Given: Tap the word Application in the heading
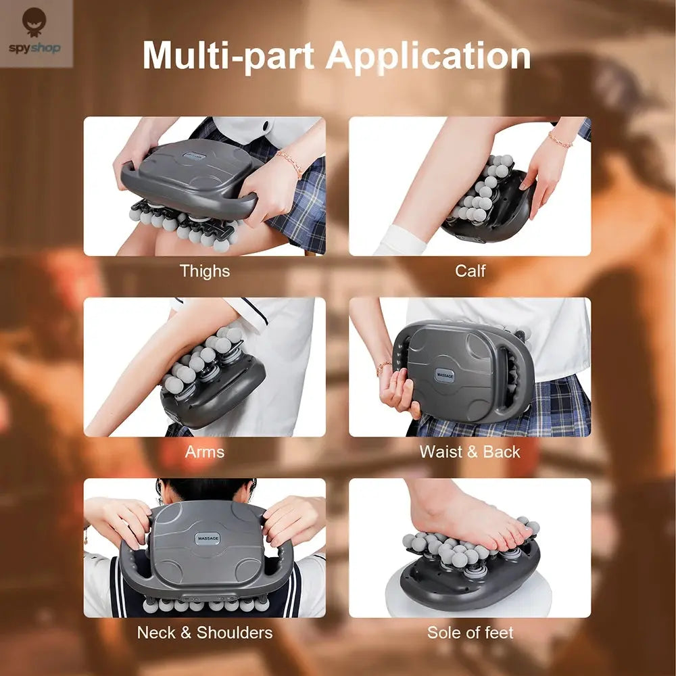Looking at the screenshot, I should pyautogui.click(x=429, y=57).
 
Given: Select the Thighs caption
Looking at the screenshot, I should pyautogui.click(x=204, y=271).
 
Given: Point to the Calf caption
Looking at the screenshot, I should pyautogui.click(x=470, y=271).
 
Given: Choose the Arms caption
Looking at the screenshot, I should pyautogui.click(x=204, y=452).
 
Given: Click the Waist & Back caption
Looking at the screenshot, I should pyautogui.click(x=470, y=452).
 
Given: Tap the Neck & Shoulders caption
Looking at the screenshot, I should pyautogui.click(x=204, y=633).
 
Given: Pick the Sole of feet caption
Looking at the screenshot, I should pyautogui.click(x=470, y=633).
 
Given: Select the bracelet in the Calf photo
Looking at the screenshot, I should pyautogui.click(x=560, y=140).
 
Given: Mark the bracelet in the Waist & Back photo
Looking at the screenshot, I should pyautogui.click(x=383, y=367).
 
